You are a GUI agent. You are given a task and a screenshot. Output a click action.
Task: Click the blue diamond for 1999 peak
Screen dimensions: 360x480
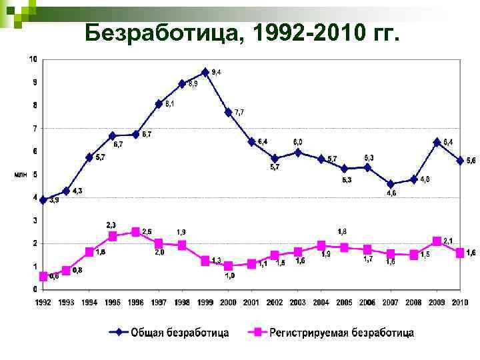click(x=205, y=72)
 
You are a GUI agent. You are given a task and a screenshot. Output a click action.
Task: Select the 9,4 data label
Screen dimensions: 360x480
click(x=217, y=72)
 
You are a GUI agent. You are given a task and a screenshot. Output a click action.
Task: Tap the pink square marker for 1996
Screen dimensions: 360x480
click(x=136, y=232)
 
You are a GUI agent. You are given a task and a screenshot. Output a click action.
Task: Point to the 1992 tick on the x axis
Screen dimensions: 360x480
click(x=43, y=303)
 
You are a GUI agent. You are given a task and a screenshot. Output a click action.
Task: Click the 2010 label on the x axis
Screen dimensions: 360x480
click(x=460, y=303)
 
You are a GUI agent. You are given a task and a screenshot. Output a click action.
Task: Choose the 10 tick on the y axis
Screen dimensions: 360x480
click(x=33, y=59)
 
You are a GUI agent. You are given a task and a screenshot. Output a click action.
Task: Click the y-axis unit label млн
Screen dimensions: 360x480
click(x=21, y=175)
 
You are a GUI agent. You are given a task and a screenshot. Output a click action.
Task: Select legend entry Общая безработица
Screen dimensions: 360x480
click(x=179, y=332)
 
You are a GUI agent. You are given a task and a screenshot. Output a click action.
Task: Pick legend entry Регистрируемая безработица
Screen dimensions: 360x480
click(x=341, y=332)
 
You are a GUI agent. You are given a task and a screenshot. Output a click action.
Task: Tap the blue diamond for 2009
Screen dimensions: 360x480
click(x=437, y=142)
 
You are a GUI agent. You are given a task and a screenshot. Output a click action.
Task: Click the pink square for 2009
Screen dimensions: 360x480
click(x=437, y=241)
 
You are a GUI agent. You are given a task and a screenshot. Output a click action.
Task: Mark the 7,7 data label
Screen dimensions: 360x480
click(x=239, y=112)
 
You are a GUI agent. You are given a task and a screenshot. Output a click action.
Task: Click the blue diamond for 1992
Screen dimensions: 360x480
click(x=43, y=200)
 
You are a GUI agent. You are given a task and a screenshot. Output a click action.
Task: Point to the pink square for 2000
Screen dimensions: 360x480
click(x=229, y=266)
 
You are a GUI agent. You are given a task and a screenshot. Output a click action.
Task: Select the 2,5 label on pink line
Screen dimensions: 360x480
click(x=146, y=231)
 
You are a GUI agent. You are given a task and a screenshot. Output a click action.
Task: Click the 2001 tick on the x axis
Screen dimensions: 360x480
click(x=251, y=303)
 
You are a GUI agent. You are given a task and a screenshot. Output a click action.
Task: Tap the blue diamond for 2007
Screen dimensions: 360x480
click(x=391, y=184)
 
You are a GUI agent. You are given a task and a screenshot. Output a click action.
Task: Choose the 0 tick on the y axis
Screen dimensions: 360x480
click(x=34, y=289)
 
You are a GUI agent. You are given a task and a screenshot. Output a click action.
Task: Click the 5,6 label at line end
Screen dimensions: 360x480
click(x=471, y=161)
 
